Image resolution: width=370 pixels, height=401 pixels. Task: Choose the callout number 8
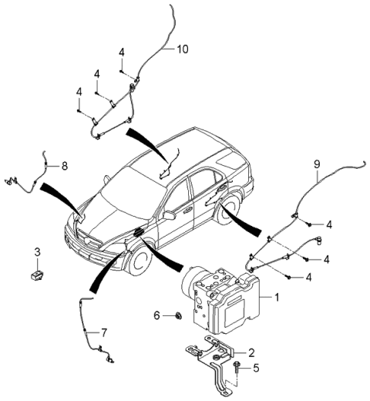click(65, 165)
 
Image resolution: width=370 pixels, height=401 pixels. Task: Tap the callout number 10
click(182, 50)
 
